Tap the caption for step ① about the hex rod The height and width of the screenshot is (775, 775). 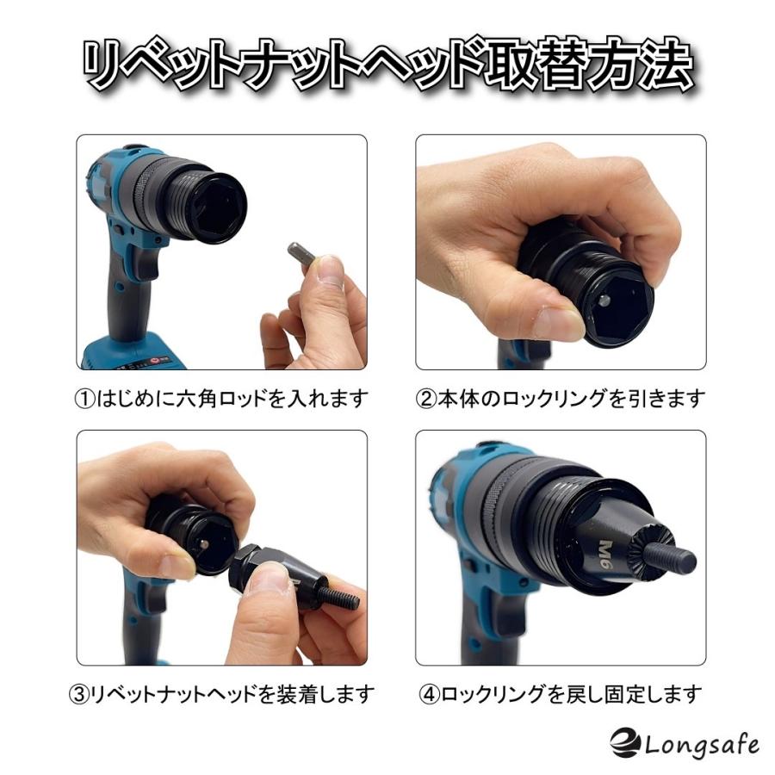point(220,399)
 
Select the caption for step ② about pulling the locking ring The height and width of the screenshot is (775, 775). point(560,399)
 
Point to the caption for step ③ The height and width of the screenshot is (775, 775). point(220,692)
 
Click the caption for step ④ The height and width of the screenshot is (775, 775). point(560,692)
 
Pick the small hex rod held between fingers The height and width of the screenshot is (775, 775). point(304,256)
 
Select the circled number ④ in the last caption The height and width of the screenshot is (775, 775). point(428,692)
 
